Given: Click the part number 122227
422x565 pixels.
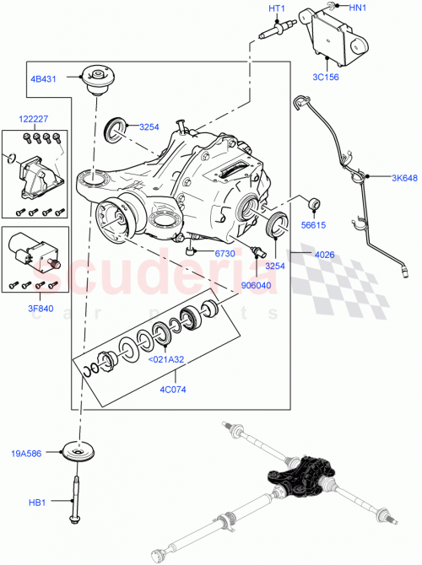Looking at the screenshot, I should pos(34,120).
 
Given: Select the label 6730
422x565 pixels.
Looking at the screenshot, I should pos(224,253).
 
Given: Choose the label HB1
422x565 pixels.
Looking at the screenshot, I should pos(37,503).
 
